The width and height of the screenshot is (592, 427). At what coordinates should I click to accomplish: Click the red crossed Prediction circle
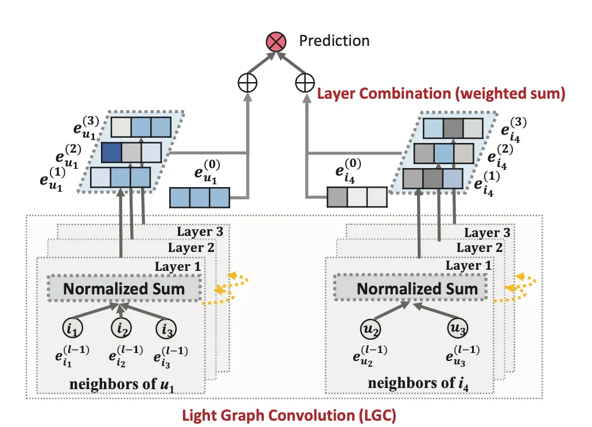coord(275,42)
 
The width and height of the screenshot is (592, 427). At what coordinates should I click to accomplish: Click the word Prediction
coord(334,41)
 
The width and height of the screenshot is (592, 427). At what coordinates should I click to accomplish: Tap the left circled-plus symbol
coord(247,83)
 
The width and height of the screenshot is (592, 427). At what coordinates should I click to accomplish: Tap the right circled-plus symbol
coord(304,83)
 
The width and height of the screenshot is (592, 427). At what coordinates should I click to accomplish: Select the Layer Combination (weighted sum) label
coord(441,92)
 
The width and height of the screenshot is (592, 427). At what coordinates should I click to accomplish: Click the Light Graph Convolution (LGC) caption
coord(289,414)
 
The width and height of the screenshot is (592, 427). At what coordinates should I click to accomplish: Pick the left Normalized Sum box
coord(124,289)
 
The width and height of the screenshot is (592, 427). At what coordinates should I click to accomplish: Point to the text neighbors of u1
coord(122,383)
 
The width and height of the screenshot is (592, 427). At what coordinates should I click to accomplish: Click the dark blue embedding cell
coord(112,152)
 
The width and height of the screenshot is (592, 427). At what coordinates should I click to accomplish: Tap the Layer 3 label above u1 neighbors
coord(200,232)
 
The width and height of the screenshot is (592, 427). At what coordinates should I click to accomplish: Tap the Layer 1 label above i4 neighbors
coord(468,266)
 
